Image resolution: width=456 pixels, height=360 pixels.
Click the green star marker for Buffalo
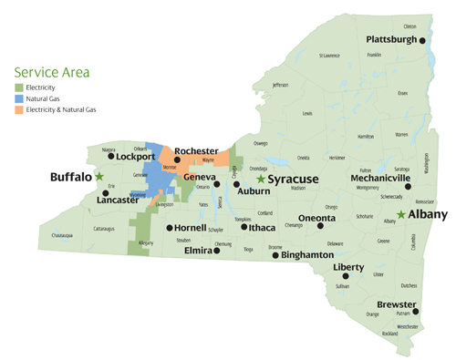(99, 176)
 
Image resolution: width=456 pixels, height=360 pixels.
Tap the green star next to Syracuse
(261, 180)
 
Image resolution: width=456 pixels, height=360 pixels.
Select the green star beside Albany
(401, 214)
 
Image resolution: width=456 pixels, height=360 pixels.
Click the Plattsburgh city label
(392, 40)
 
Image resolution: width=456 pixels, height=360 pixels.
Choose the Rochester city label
(196, 150)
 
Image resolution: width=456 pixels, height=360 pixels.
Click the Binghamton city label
(307, 255)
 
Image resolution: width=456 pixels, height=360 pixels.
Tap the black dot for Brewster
(417, 312)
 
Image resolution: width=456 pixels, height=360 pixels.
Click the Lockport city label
(136, 157)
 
